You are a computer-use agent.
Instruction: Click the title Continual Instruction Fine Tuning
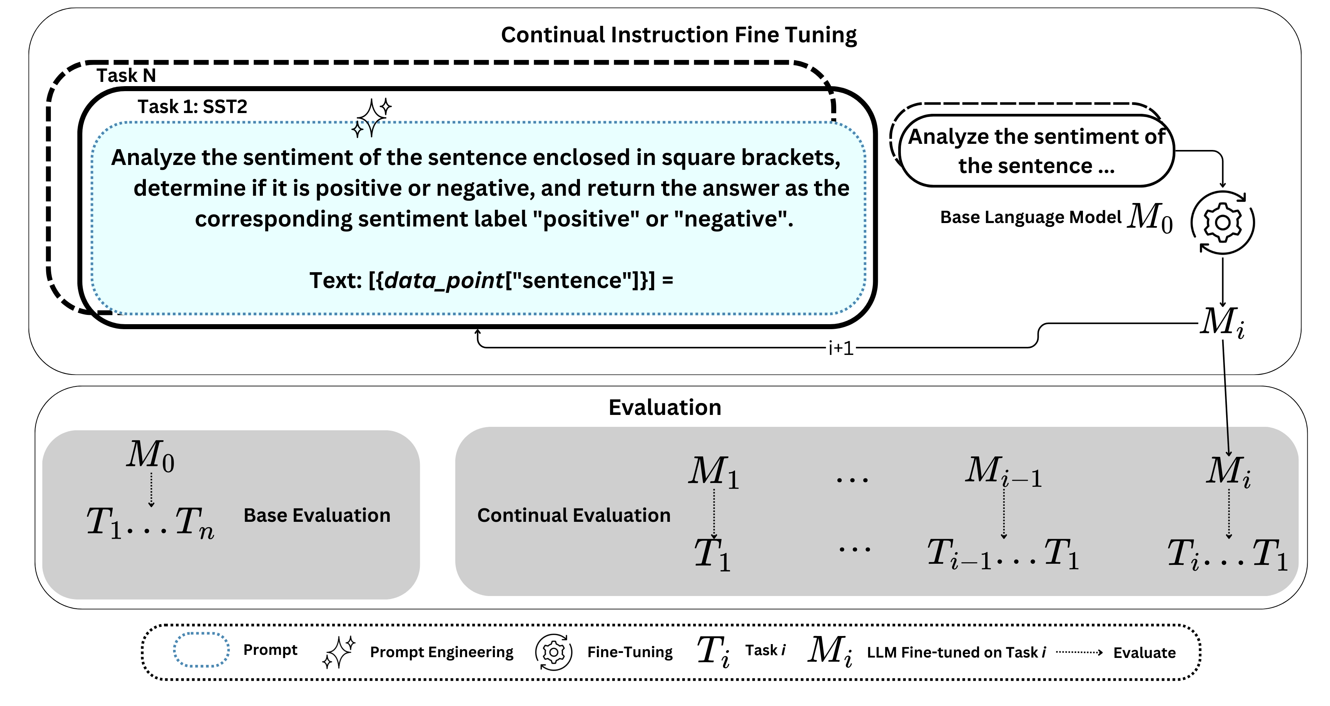point(678,35)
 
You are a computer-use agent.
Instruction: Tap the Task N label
point(126,76)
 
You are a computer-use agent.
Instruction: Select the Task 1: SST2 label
point(192,107)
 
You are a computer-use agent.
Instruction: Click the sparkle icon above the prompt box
point(372,118)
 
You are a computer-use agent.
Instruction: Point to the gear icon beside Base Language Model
point(1223,222)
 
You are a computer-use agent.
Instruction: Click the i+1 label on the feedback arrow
point(840,348)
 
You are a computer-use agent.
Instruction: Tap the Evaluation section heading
point(665,408)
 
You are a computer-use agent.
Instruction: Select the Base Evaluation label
point(316,516)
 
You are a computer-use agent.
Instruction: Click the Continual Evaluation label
point(574,516)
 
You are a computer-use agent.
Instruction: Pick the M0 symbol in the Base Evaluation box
point(150,456)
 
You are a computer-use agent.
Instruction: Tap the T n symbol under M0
point(194,522)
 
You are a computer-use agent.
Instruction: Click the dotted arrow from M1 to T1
point(714,513)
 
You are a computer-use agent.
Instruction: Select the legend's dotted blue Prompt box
point(201,650)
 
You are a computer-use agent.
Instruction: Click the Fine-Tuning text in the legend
point(630,652)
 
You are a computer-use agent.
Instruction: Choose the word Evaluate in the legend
point(1144,653)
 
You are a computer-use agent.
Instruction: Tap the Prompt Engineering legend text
point(441,652)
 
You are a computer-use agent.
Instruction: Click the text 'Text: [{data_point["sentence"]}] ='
point(491,281)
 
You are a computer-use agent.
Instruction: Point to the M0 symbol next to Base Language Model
point(1150,217)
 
